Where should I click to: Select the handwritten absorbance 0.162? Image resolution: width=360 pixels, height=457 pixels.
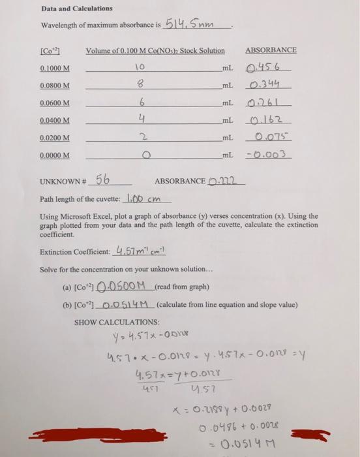(x=269, y=120)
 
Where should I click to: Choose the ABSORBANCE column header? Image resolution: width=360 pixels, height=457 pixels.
(x=271, y=50)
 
